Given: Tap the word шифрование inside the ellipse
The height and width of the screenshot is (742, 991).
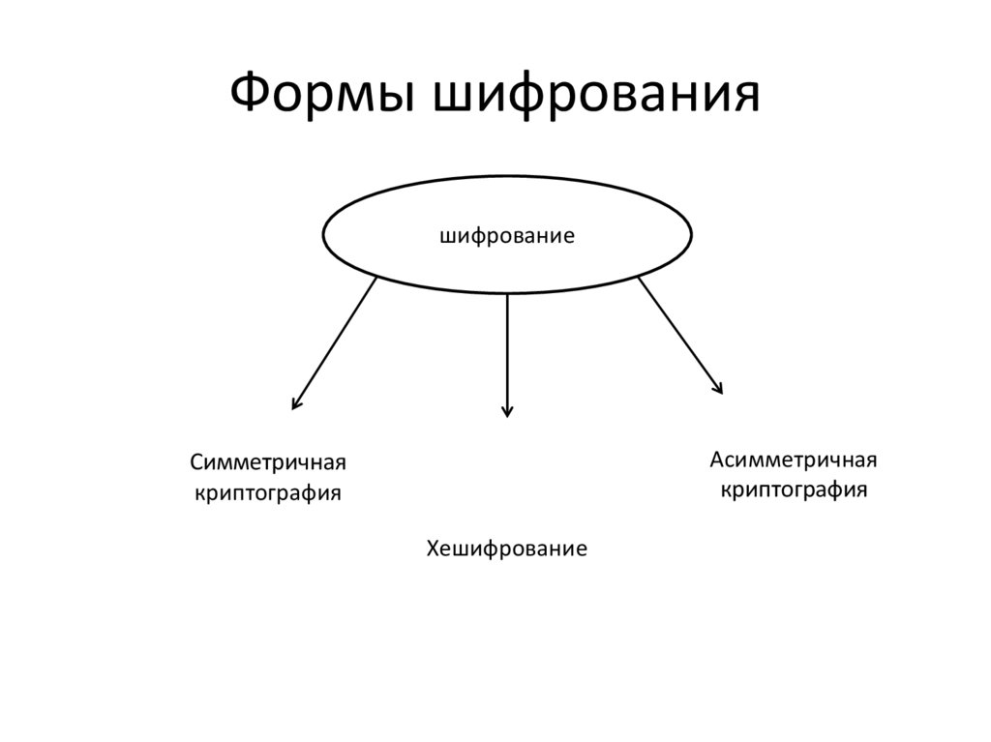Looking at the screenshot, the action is click(507, 235).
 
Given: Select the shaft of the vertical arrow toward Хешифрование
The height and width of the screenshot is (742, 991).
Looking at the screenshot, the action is click(507, 348).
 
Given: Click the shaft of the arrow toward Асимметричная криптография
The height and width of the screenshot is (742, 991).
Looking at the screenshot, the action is click(677, 334).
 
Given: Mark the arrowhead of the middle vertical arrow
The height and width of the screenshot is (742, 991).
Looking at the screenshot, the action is click(507, 410).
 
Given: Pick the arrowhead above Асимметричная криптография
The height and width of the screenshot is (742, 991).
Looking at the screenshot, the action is click(717, 387).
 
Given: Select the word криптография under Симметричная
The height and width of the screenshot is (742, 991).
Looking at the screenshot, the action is click(268, 493).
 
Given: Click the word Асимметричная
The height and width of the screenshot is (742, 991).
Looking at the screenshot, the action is click(794, 458).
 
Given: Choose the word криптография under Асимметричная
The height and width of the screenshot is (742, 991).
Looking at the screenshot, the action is click(794, 489).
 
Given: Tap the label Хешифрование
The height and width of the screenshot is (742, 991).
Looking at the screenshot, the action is click(507, 549).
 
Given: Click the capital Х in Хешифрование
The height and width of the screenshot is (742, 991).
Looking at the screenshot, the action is click(433, 549).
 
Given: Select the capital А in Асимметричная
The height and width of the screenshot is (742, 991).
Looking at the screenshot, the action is click(717, 458).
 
